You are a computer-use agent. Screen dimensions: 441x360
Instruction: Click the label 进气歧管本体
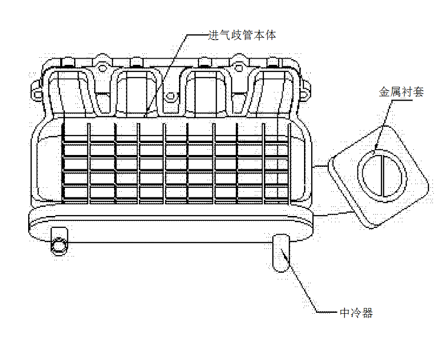pyautogui.click(x=242, y=35)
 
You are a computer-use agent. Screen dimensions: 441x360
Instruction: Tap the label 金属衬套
pyautogui.click(x=401, y=92)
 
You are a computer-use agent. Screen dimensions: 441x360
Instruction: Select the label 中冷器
pyautogui.click(x=357, y=312)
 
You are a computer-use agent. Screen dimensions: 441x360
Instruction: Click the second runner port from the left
pyautogui.click(x=137, y=93)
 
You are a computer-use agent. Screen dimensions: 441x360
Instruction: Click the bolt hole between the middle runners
pyautogui.click(x=171, y=96)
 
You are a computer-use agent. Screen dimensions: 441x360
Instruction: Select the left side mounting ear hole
pyautogui.click(x=37, y=93)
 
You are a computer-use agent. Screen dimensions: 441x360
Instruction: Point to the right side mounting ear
pyautogui.click(x=306, y=90)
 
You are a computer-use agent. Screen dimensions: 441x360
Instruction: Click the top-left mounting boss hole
pyautogui.click(x=102, y=68)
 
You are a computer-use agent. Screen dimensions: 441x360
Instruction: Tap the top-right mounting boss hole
pyautogui.click(x=239, y=68)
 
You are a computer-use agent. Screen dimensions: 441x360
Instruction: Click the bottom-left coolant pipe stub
pyautogui.click(x=59, y=242)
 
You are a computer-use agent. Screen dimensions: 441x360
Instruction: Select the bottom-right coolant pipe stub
pyautogui.click(x=281, y=253)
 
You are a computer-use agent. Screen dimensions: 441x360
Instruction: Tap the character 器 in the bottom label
pyautogui.click(x=367, y=312)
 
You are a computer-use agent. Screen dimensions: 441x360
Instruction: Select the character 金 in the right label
pyautogui.click(x=384, y=92)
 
